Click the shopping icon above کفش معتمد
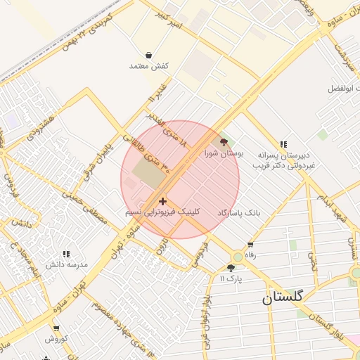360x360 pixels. click(149, 55)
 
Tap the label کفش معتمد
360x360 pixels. click(149, 66)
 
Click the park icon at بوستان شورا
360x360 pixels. click(224, 142)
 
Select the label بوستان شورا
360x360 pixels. click(224, 153)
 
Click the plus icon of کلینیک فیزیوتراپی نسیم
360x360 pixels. click(163, 201)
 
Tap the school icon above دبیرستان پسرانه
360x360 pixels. click(283, 144)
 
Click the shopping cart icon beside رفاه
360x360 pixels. click(250, 244)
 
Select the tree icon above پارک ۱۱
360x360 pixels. click(231, 268)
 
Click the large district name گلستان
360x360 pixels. click(283, 297)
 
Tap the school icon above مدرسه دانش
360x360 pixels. click(66, 254)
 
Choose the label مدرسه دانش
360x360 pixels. click(66, 264)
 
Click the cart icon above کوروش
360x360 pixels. click(56, 328)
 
